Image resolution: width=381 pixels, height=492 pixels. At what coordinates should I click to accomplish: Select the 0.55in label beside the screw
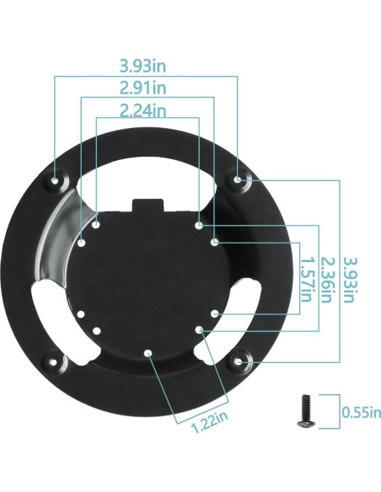361,412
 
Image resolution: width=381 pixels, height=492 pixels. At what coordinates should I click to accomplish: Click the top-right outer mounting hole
239,179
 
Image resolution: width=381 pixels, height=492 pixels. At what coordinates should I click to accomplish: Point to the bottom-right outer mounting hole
239,362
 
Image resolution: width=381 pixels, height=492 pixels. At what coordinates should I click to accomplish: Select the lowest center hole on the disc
148,354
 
